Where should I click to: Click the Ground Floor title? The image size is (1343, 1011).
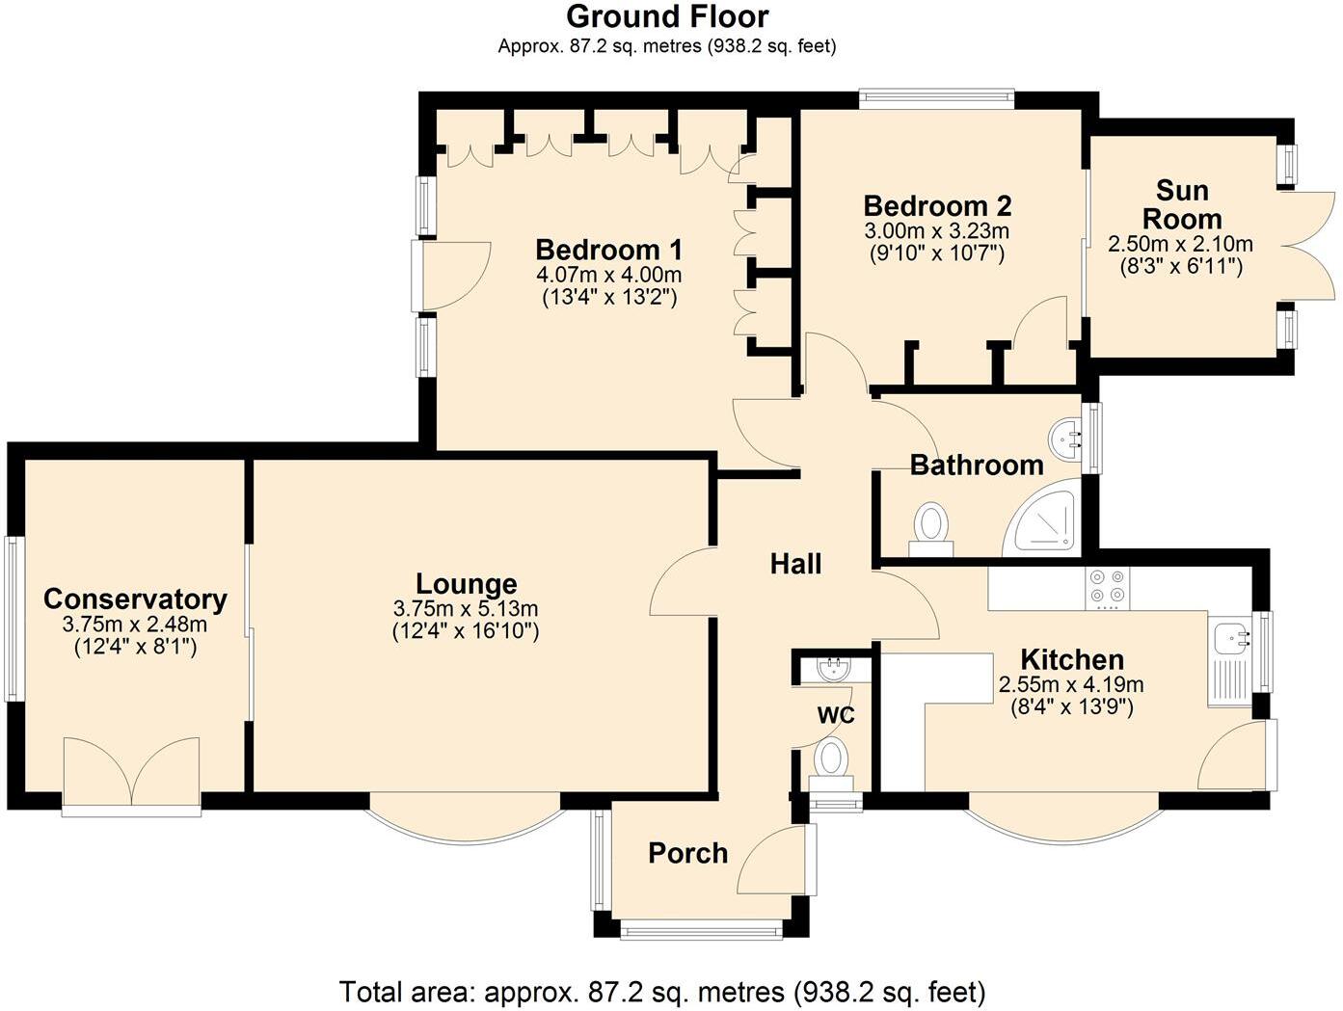(x=666, y=16)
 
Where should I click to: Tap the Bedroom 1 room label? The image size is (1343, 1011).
(x=608, y=250)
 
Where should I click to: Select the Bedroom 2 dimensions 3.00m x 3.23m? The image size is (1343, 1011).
(x=936, y=231)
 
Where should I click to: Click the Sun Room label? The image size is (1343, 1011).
(x=1182, y=203)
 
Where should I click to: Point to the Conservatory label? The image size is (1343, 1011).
(x=135, y=599)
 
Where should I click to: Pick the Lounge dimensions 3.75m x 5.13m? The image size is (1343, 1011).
(x=466, y=609)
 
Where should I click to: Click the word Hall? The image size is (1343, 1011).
(x=795, y=564)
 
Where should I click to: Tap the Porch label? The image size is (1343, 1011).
(x=687, y=853)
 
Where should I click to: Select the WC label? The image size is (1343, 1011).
(x=836, y=715)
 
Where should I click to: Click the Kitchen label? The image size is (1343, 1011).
(x=1072, y=660)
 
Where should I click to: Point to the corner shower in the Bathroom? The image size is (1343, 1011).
(x=1045, y=519)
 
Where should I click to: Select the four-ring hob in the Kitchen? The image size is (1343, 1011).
(x=1107, y=588)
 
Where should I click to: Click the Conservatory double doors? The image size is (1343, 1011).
(x=131, y=772)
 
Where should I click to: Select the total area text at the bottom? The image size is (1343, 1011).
(x=661, y=991)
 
